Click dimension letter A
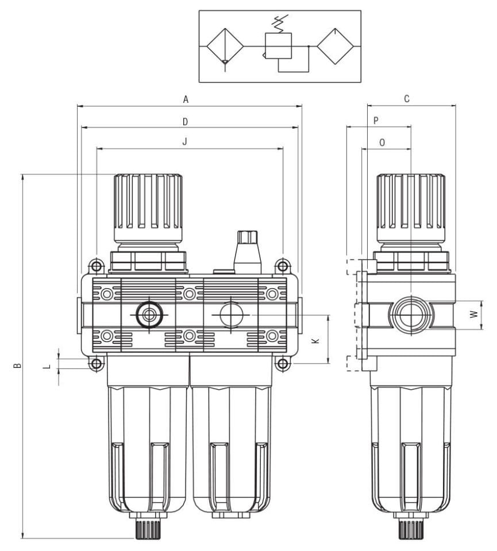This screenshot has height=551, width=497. pyautogui.click(x=186, y=99)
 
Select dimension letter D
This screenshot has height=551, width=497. pyautogui.click(x=185, y=121)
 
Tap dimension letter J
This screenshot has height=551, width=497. pyautogui.click(x=185, y=142)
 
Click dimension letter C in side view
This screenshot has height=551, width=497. pyautogui.click(x=407, y=99)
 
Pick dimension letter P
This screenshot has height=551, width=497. pyautogui.click(x=376, y=121)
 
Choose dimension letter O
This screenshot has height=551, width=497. pyautogui.click(x=383, y=142)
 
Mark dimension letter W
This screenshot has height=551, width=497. pyautogui.click(x=473, y=315)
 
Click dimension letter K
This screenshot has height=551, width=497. pyautogui.click(x=314, y=340)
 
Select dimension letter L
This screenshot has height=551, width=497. pyautogui.click(x=48, y=364)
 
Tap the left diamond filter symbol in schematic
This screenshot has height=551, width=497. pyautogui.click(x=225, y=46)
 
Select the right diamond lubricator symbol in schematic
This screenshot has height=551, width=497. pyautogui.click(x=336, y=46)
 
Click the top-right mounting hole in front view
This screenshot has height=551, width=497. pyautogui.click(x=282, y=266)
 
